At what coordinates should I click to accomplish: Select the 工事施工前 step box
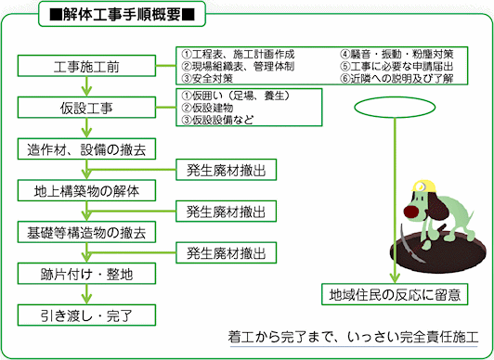[86, 66]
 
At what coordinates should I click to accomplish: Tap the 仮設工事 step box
[86, 109]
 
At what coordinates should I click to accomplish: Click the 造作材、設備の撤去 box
[86, 149]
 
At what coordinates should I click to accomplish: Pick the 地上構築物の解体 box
[86, 192]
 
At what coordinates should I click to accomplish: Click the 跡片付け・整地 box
[86, 274]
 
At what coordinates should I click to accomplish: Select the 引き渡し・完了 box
[86, 315]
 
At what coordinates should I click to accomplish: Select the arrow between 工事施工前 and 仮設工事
[86, 87]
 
